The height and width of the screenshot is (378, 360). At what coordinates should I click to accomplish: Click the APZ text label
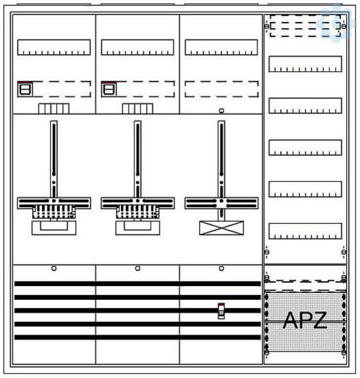[305, 320]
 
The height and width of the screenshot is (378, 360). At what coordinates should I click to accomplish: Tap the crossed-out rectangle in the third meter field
[221, 228]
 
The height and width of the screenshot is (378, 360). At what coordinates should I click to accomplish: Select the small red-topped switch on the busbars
[221, 311]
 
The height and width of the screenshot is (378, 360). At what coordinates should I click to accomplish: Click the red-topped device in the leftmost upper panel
[25, 89]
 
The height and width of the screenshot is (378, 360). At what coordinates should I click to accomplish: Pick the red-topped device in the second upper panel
[109, 89]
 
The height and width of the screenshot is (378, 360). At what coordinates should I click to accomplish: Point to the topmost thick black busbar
[137, 283]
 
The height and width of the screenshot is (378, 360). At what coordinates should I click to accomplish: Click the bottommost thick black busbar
[137, 337]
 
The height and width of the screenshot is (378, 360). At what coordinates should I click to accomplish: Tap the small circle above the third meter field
[221, 111]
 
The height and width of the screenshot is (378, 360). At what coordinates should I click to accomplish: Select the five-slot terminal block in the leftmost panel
[54, 108]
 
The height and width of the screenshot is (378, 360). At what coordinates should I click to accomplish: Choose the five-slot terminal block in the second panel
[137, 108]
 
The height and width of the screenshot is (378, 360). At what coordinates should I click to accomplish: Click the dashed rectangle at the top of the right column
[305, 26]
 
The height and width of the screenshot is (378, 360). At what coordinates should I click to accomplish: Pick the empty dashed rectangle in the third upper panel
[221, 89]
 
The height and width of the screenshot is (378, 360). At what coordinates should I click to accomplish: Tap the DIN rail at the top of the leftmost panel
[54, 47]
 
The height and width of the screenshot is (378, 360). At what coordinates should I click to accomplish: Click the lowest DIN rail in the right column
[305, 231]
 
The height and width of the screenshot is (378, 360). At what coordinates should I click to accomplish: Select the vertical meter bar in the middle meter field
[137, 159]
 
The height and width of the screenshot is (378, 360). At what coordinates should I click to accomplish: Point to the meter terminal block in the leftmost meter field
[54, 212]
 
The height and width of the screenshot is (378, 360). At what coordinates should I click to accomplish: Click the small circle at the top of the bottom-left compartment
[54, 268]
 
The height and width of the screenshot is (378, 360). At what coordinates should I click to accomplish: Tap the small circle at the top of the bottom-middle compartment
[137, 268]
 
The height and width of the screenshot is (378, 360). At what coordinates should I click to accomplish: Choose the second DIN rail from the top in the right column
[305, 106]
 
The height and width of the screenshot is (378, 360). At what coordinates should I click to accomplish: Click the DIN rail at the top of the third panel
[221, 47]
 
